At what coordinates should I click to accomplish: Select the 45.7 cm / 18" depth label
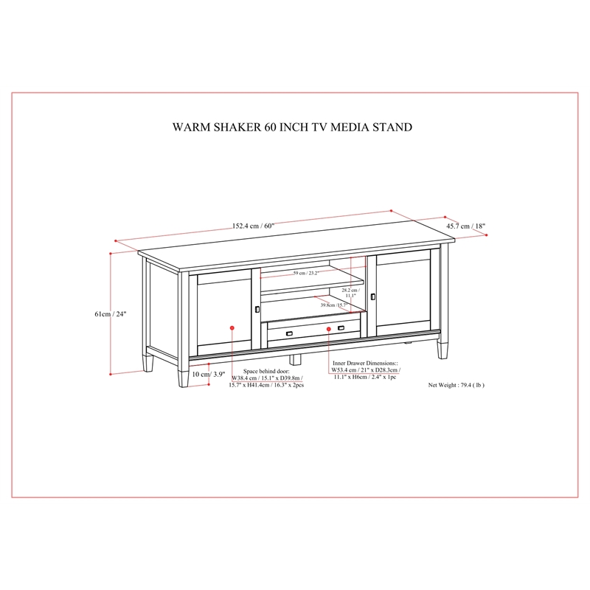(x=465, y=226)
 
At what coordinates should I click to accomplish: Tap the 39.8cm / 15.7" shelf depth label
(x=334, y=305)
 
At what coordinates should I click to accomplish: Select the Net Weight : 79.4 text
(x=456, y=385)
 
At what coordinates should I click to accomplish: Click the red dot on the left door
(x=233, y=327)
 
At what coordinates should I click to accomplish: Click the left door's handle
(x=257, y=308)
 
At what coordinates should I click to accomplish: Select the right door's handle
(x=373, y=296)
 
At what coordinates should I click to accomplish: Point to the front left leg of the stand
(x=183, y=375)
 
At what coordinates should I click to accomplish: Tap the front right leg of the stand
(x=442, y=347)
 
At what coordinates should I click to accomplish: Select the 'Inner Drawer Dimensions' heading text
(x=364, y=364)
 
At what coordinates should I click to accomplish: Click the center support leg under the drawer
(x=296, y=360)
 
